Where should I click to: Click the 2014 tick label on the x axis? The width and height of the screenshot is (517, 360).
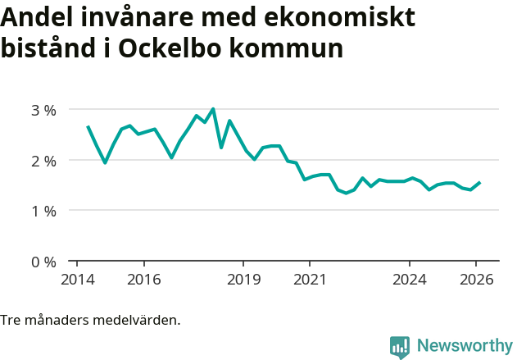[77, 279]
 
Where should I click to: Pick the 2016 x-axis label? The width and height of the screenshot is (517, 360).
[143, 279]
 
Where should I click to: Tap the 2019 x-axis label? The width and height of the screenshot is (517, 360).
[243, 279]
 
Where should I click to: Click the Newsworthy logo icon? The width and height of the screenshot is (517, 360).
[400, 347]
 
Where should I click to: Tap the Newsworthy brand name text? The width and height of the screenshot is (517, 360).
[464, 346]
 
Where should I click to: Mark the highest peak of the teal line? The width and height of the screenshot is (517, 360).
[213, 108]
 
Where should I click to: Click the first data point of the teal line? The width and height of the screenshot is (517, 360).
[88, 126]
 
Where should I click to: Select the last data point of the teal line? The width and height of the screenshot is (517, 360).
[479, 182]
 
